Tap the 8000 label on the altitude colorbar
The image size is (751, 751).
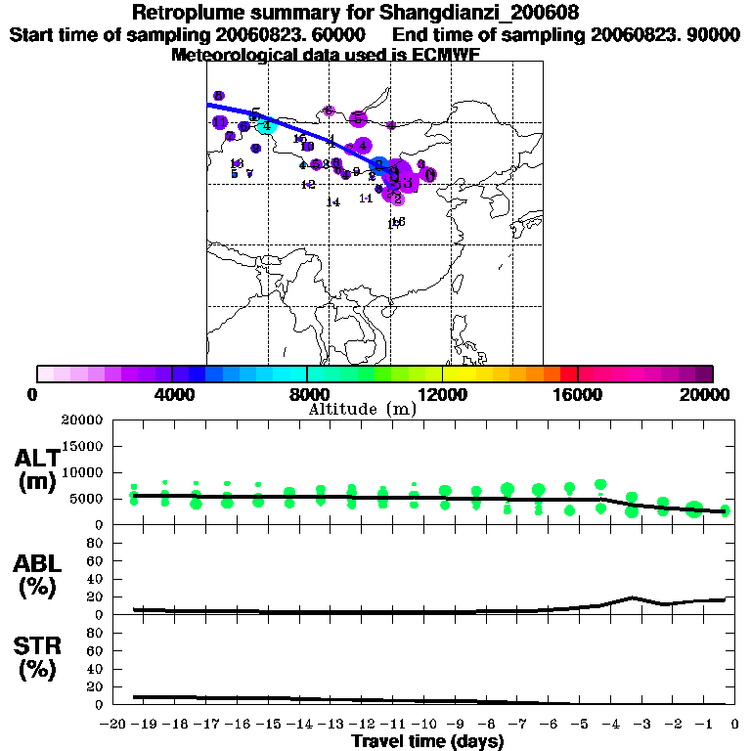coord(307,394)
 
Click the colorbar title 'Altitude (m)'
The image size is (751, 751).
coord(362,409)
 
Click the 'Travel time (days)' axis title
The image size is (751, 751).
coord(427,742)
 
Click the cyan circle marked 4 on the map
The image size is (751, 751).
coord(266,125)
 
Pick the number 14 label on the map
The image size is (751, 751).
coord(333,202)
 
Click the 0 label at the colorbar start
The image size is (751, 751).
coord(34,394)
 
